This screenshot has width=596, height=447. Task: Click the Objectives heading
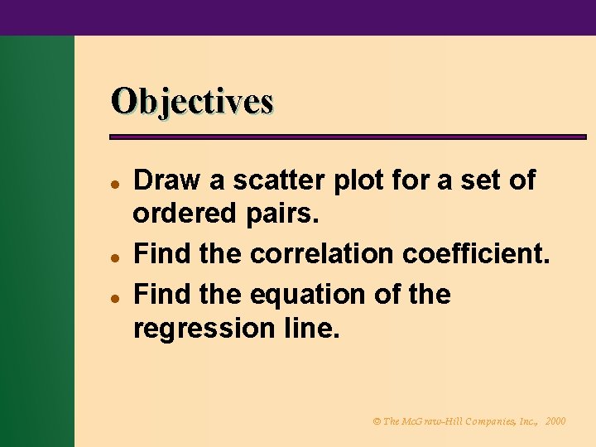(192, 102)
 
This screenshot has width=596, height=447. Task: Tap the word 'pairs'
(283, 215)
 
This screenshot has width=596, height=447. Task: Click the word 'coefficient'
(476, 253)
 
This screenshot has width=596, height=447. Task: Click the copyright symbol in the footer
(377, 421)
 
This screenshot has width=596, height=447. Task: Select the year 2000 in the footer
(555, 421)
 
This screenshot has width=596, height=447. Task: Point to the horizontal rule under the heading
(348, 137)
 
